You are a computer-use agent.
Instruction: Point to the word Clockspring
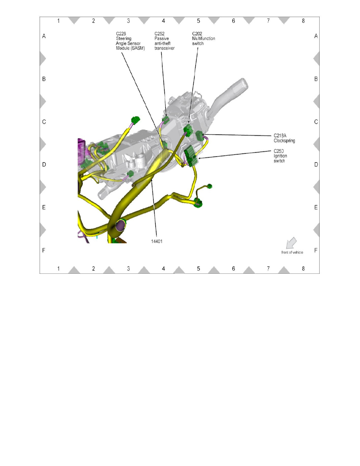pyautogui.click(x=284, y=140)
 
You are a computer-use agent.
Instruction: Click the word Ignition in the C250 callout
pyautogui.click(x=281, y=156)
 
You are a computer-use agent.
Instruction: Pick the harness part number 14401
pyautogui.click(x=157, y=241)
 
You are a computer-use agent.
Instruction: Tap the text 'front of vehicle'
pyautogui.click(x=292, y=252)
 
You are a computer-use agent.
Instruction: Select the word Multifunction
pyautogui.click(x=204, y=39)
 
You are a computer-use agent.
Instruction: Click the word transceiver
pyautogui.click(x=165, y=48)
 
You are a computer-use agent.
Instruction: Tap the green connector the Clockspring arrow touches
pyautogui.click(x=199, y=136)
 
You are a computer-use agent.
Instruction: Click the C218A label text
pyautogui.click(x=280, y=135)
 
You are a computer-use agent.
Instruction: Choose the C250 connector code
pyautogui.click(x=279, y=151)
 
